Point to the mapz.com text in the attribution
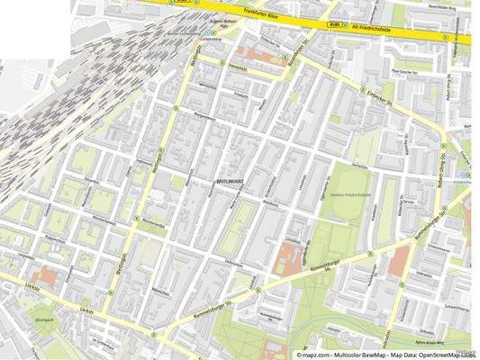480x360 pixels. [320, 354]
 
